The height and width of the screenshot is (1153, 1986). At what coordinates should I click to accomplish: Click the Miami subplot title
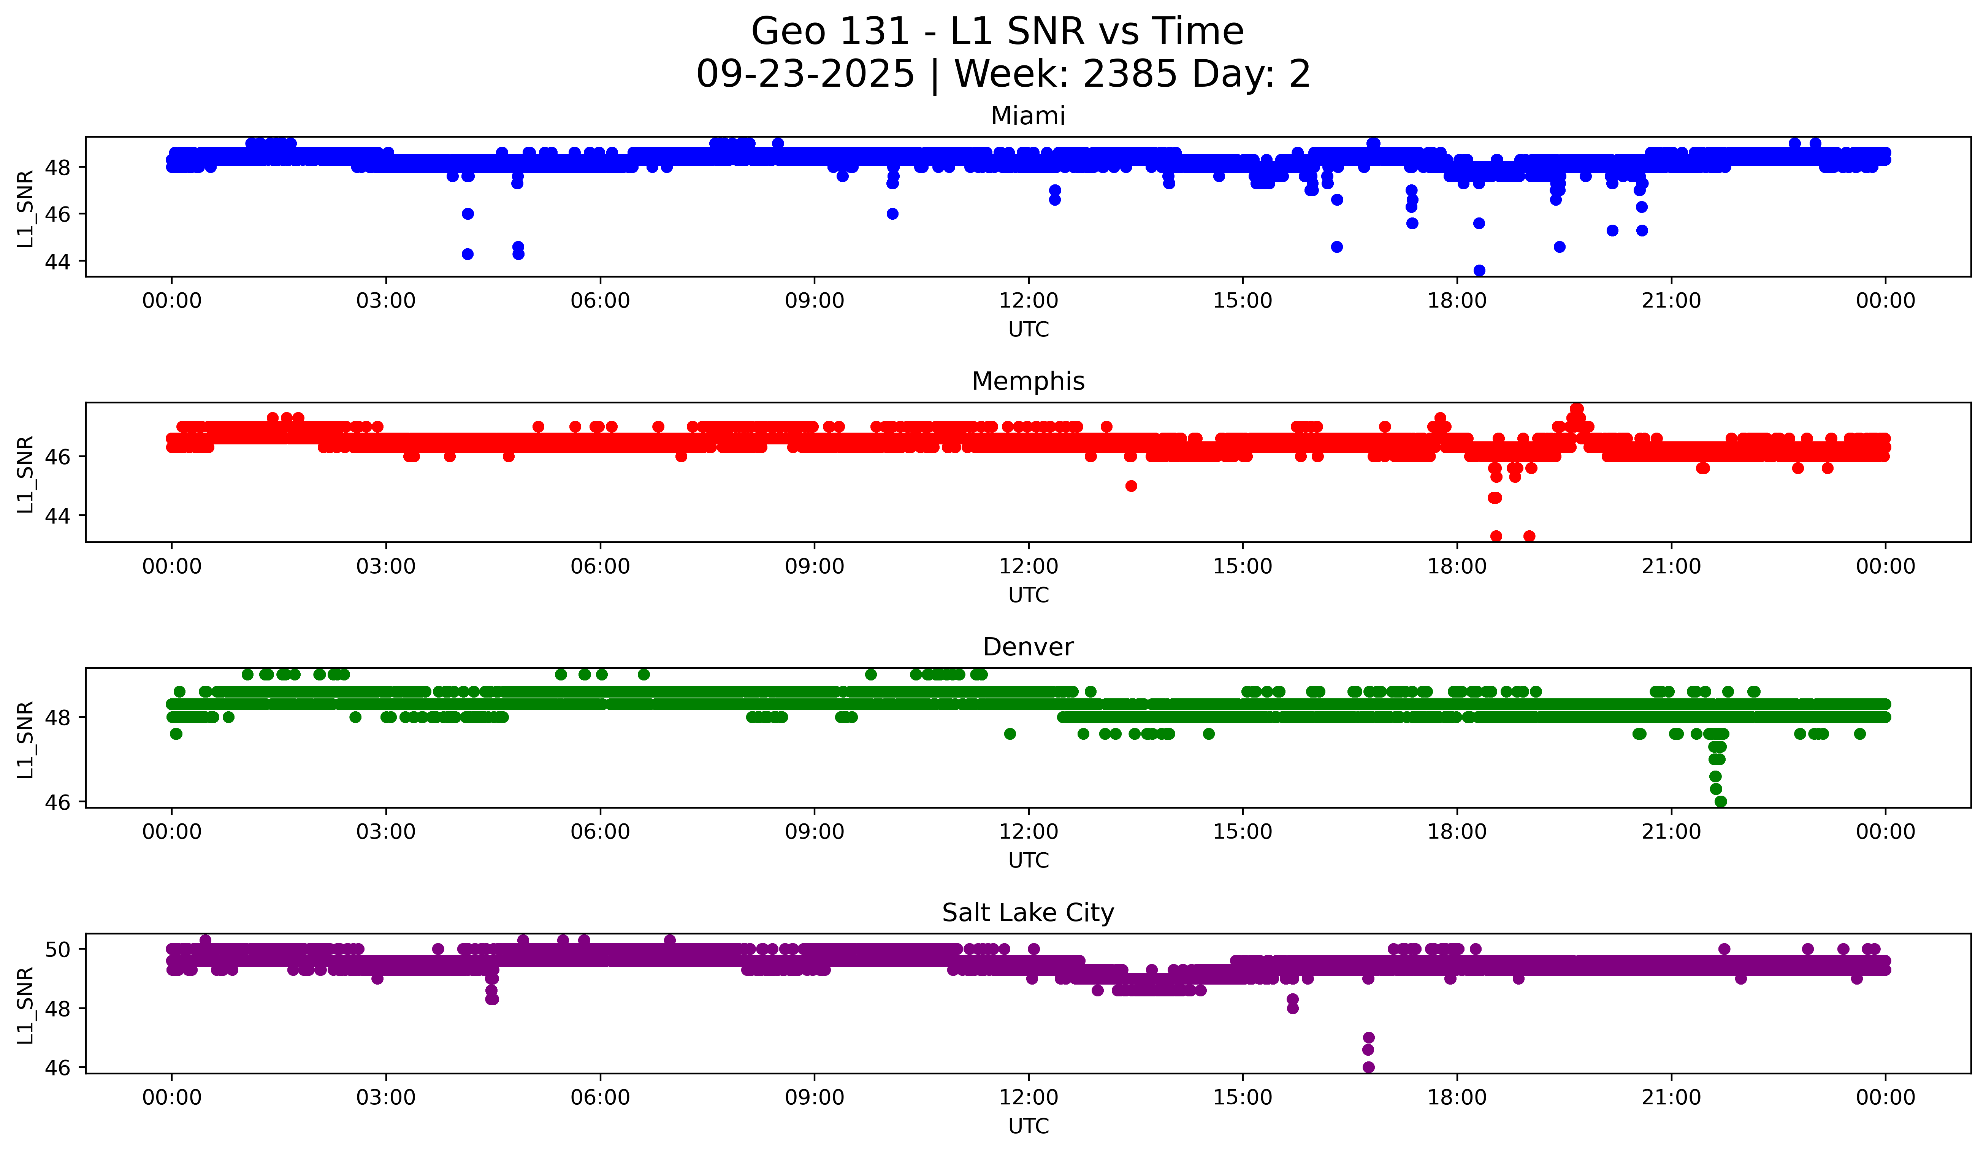(1028, 116)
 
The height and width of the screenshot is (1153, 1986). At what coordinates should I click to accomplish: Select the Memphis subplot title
(1028, 381)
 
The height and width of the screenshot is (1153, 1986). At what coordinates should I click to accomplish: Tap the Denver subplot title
(1028, 647)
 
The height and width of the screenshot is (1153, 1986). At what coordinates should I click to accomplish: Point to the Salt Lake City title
(1028, 913)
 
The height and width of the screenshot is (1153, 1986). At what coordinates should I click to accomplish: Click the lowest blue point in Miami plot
(1479, 270)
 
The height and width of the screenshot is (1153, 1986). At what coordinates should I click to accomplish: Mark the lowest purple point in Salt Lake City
(1368, 1067)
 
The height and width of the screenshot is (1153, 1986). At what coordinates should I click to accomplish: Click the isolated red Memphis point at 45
(1131, 485)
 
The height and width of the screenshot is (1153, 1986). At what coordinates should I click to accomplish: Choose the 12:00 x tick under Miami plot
(1029, 301)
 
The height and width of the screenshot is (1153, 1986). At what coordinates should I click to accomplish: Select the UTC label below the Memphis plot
(1029, 595)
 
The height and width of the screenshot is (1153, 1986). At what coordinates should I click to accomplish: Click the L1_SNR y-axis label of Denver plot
(25, 739)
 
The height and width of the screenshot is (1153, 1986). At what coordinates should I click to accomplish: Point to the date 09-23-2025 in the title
(805, 74)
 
